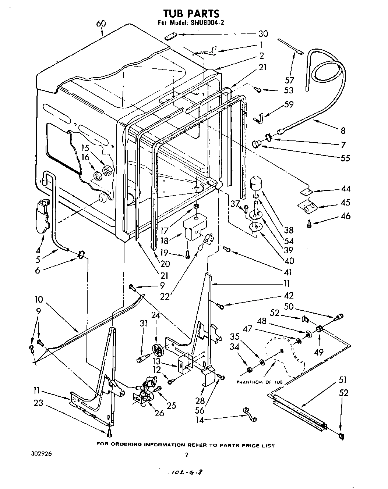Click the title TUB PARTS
(x=191, y=14)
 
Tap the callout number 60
(x=101, y=24)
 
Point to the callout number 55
(x=345, y=158)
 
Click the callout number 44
(x=345, y=189)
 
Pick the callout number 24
(x=156, y=315)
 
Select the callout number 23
(x=38, y=403)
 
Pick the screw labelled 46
(x=308, y=223)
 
